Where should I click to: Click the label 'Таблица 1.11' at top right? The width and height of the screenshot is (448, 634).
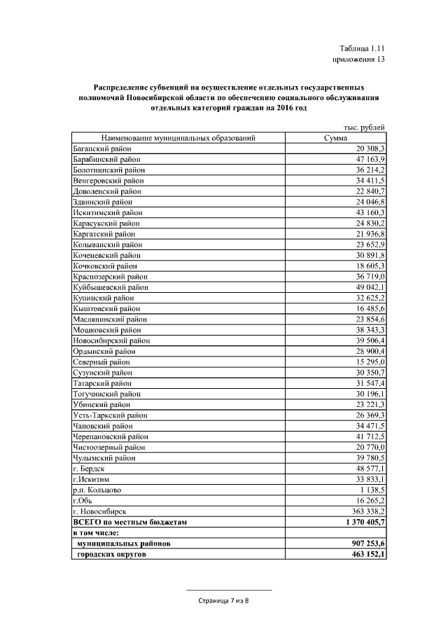[362, 48]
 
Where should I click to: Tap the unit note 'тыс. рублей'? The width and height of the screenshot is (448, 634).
[365, 127]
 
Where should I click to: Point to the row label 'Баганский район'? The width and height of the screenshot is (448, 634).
[102, 149]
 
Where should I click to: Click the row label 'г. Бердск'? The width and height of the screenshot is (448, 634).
[90, 468]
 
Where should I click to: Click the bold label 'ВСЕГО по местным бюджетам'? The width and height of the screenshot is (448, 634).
[130, 522]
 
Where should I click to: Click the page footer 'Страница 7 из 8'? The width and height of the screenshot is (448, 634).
[223, 600]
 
